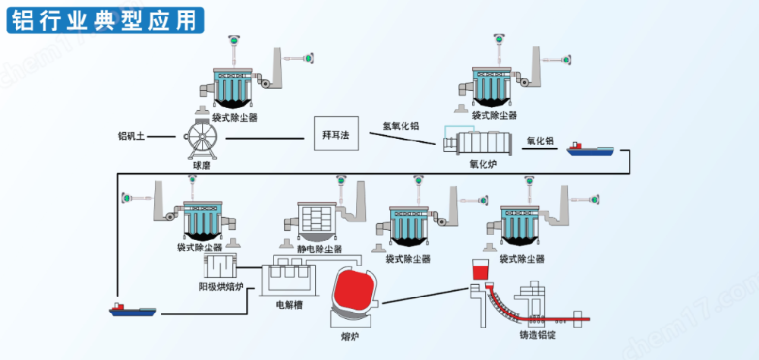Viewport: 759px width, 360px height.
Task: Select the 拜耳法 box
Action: [x=335, y=134]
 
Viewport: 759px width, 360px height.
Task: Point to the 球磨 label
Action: [x=201, y=164]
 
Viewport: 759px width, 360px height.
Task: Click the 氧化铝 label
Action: [x=540, y=141]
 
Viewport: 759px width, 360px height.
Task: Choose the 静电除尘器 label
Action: [x=319, y=248]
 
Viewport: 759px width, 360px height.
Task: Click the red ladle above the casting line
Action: [x=480, y=270]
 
